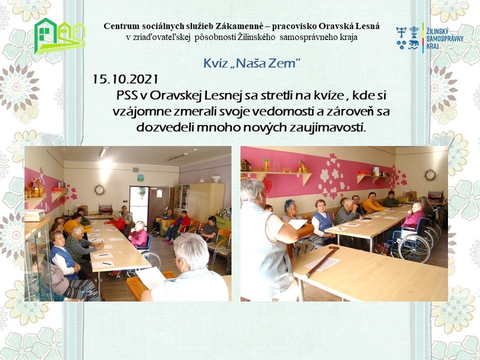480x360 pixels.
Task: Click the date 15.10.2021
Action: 125,79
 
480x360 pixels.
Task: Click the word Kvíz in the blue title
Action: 214,63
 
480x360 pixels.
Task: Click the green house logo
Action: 60,36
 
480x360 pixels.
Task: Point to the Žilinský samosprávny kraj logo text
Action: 445,38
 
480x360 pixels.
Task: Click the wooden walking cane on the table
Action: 322,261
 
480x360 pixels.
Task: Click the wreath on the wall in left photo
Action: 100,190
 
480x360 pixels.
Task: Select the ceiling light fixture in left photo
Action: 103,152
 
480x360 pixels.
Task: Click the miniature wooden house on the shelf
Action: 245,165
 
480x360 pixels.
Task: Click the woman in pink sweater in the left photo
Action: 139,235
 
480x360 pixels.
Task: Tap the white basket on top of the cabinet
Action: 216,177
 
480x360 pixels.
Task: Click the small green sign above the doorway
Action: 140,178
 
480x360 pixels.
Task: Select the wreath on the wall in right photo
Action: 430,175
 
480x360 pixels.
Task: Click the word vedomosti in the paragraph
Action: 282,111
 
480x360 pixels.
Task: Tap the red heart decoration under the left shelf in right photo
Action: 268,187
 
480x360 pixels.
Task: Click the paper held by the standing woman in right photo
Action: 298,224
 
